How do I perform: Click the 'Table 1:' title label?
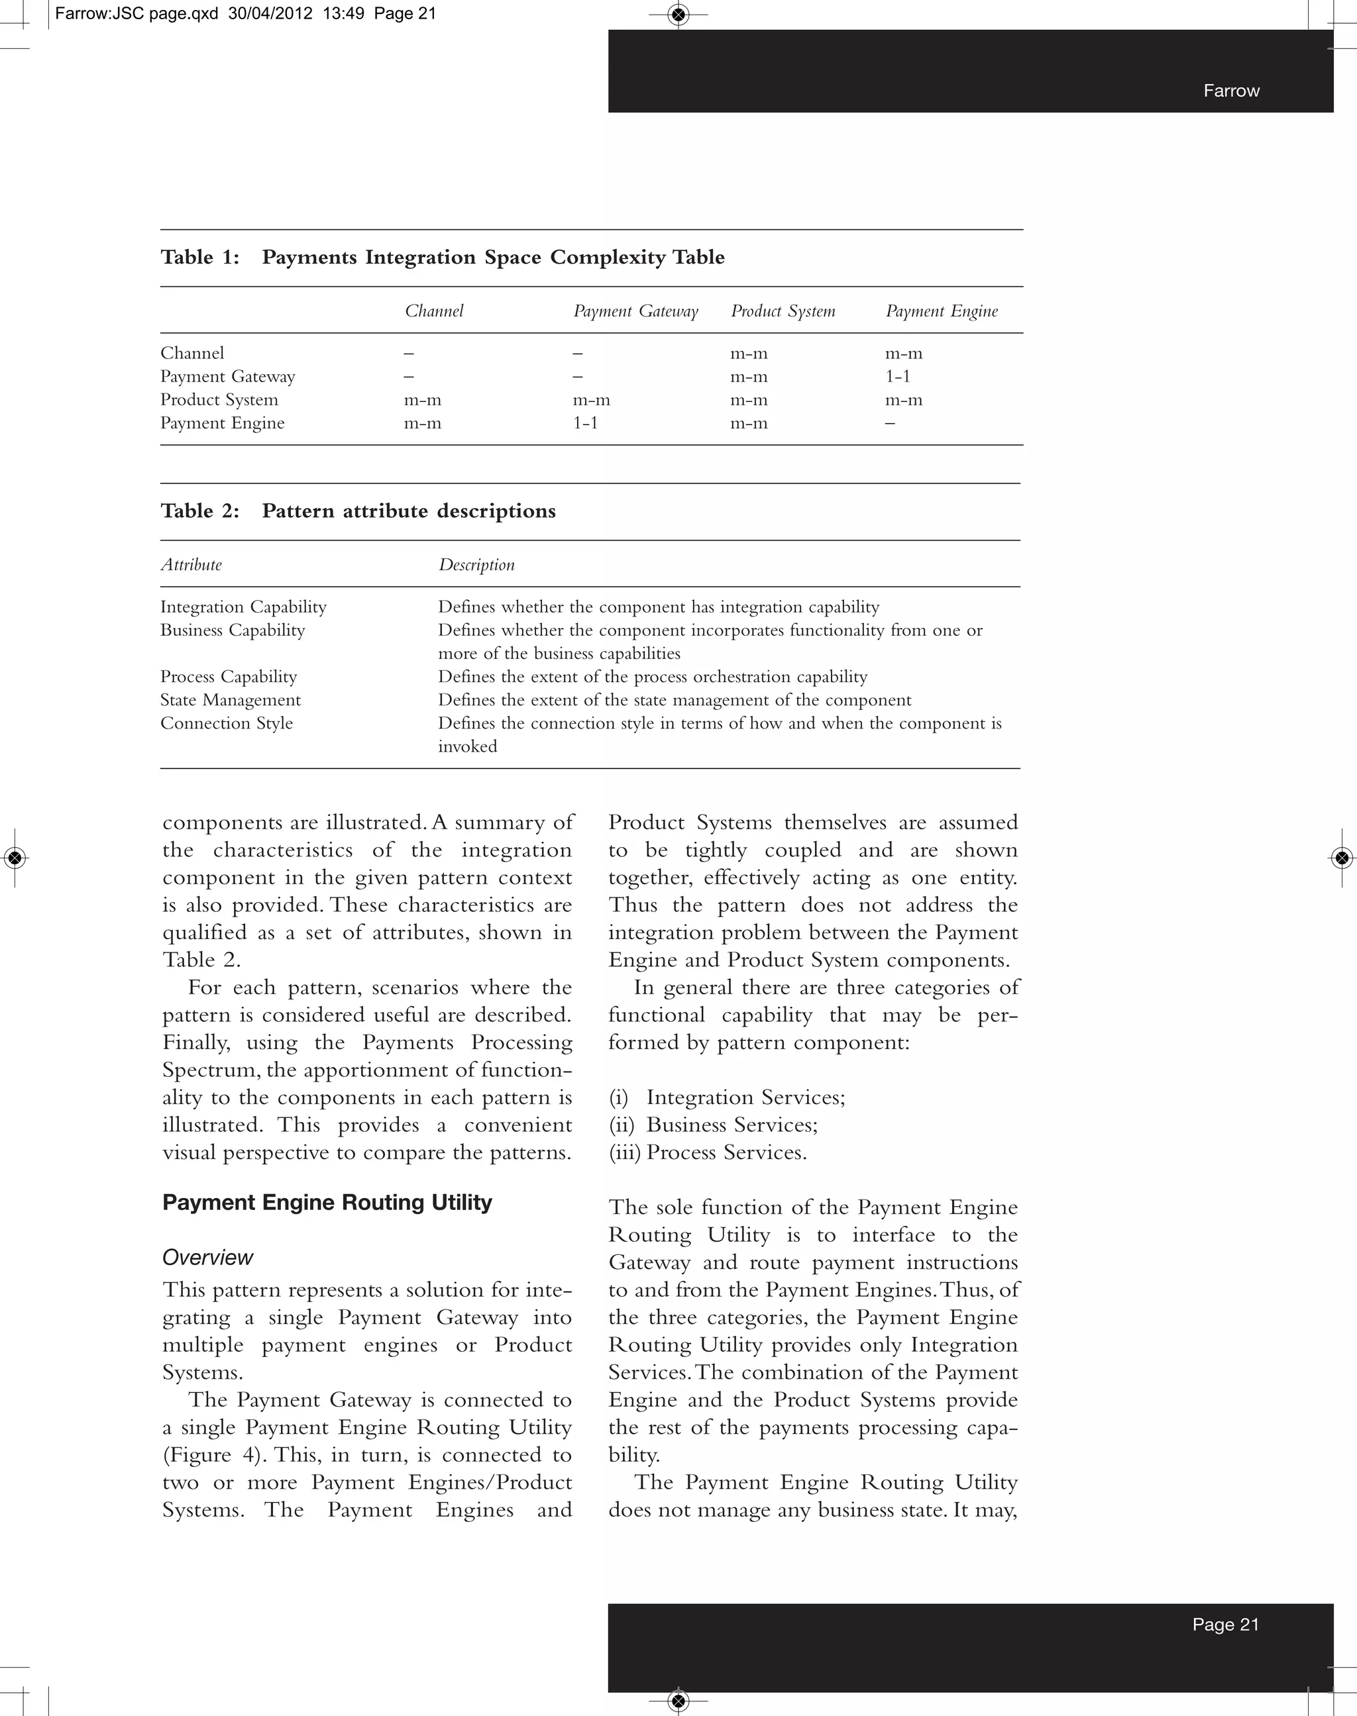200,257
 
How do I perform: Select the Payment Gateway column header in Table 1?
635,311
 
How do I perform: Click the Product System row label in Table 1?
219,399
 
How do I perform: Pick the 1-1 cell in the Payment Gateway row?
898,376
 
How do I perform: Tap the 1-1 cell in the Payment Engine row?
586,423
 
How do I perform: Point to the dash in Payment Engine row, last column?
890,423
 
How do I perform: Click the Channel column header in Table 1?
434,311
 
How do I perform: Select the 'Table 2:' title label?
200,511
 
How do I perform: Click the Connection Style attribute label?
227,723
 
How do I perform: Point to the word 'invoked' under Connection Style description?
467,746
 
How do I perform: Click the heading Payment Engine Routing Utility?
327,1202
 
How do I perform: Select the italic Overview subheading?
207,1257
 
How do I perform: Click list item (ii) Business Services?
714,1125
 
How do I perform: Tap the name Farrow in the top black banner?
1230,91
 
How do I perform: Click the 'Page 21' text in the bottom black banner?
1225,1624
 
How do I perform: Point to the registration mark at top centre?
678,13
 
